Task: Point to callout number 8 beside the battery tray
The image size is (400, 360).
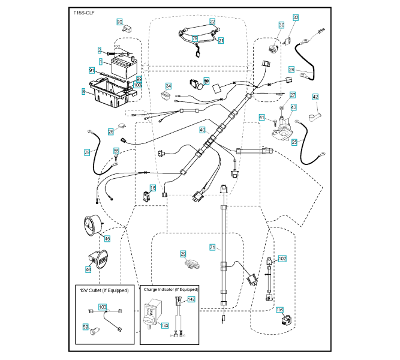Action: (x=83, y=91)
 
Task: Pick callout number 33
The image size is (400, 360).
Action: (x=295, y=18)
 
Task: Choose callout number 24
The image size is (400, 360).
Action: (x=291, y=69)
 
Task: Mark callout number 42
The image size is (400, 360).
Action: (x=315, y=97)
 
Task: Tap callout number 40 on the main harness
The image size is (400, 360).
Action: (x=202, y=130)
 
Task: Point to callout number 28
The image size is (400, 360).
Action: (x=87, y=153)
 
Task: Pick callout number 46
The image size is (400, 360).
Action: (x=88, y=270)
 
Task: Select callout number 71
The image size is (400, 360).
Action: (x=212, y=247)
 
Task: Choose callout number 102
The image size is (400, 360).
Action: (x=282, y=258)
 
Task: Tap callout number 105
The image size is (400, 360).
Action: (x=279, y=310)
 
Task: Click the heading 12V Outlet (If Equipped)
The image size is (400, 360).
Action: (x=104, y=290)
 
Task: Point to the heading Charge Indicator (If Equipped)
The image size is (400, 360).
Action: (x=170, y=289)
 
